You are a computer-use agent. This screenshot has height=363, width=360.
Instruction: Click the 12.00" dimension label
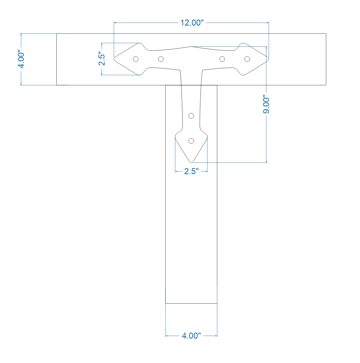[x=192, y=23]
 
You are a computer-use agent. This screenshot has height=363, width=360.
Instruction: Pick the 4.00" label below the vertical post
[x=191, y=336]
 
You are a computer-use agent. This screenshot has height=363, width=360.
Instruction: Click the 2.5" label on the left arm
[x=102, y=59]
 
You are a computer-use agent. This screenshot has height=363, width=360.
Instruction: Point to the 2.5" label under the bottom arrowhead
[x=191, y=171]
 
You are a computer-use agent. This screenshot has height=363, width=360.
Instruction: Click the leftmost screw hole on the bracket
[x=136, y=59]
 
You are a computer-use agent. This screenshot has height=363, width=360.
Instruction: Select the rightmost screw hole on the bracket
[x=247, y=59]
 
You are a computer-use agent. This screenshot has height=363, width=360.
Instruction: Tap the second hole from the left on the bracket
[x=161, y=59]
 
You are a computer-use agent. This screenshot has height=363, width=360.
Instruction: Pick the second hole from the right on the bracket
[x=222, y=59]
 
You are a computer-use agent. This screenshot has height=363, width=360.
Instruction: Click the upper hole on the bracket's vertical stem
[x=191, y=116]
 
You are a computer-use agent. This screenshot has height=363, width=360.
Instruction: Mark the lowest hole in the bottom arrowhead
[x=191, y=141]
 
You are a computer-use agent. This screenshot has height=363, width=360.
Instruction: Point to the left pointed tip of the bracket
[x=114, y=59]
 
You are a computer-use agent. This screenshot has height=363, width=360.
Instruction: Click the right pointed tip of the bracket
[x=268, y=59]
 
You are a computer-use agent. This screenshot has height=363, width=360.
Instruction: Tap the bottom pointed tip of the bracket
[x=191, y=162]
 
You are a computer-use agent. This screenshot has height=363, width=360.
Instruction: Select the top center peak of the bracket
[x=191, y=46]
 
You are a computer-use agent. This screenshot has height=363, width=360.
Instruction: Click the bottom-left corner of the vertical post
[x=165, y=303]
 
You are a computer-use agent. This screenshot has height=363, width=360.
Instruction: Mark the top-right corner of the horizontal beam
[x=326, y=34]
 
